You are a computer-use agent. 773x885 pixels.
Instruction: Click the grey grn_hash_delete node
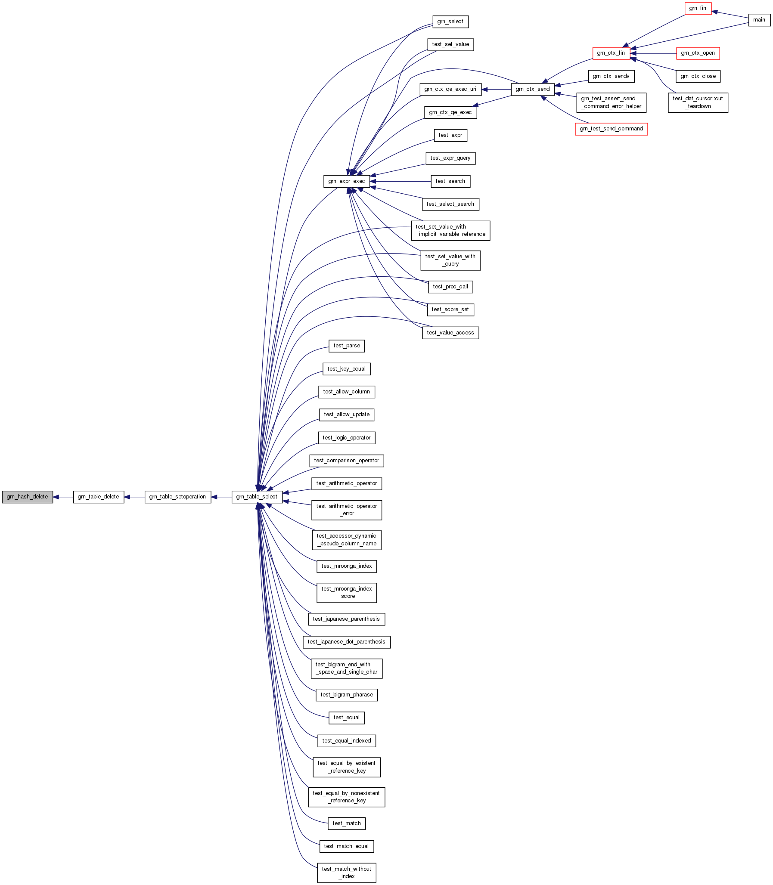28,497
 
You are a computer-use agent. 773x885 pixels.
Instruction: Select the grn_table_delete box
98,497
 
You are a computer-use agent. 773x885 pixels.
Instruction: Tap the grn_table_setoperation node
178,497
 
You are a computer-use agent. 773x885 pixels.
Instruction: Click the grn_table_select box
257,497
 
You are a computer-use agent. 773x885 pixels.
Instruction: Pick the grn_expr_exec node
346,181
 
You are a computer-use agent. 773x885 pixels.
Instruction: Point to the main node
759,20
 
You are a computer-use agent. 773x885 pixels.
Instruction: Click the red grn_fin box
698,8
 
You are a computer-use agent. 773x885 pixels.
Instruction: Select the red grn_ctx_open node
698,53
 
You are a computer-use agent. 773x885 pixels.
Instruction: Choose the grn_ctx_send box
533,89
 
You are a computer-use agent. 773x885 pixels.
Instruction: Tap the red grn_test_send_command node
611,129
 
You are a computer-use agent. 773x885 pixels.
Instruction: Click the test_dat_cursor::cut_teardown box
698,102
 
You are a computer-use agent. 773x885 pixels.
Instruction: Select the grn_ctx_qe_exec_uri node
450,89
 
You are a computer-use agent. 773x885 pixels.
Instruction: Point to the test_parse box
347,346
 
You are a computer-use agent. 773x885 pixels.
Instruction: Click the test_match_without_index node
347,873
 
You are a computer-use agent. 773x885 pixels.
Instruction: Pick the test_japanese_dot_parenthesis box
347,642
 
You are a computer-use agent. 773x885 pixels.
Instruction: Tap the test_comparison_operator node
347,461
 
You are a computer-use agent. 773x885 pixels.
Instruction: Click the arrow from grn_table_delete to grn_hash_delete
63,497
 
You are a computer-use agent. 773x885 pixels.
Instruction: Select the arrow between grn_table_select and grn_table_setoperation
221,497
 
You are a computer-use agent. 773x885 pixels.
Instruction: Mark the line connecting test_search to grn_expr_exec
400,182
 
